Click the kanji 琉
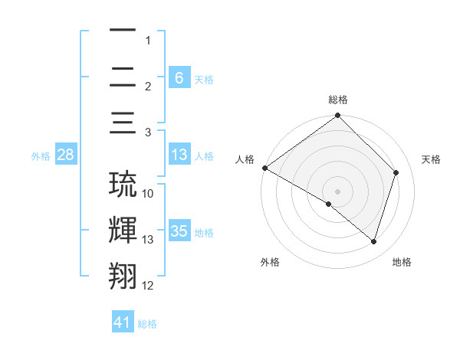[x=123, y=185]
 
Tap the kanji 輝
[x=123, y=231]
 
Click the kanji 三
[x=123, y=124]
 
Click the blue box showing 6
[x=179, y=78]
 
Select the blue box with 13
[x=179, y=155]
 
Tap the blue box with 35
[x=179, y=231]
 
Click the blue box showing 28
[x=66, y=155]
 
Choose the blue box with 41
[x=123, y=322]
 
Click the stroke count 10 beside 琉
[x=148, y=194]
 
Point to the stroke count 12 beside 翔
[x=148, y=286]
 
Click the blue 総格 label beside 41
[x=147, y=324]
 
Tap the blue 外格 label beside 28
[x=41, y=156]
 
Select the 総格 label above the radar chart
[x=337, y=100]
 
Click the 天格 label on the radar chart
[x=431, y=159]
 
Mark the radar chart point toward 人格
[x=264, y=168]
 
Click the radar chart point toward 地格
[x=373, y=241]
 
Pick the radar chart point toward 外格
[x=329, y=204]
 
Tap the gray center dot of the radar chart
[x=337, y=191]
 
